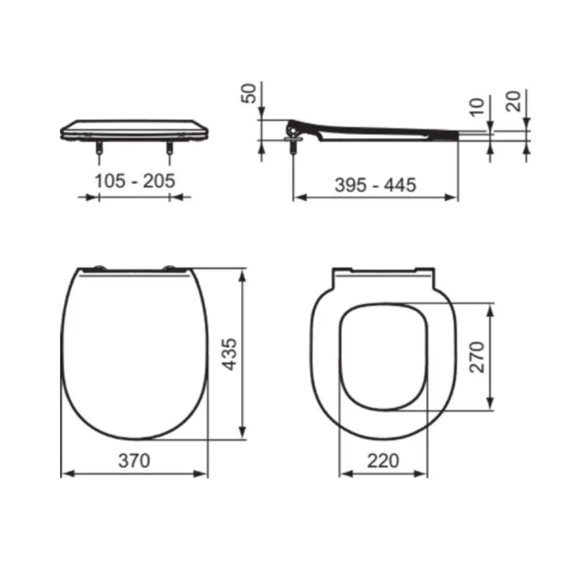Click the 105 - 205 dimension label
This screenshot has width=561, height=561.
point(135,181)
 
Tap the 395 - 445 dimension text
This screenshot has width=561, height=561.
point(375,185)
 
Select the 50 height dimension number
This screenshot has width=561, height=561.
point(249,93)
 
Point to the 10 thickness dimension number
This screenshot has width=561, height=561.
point(477,108)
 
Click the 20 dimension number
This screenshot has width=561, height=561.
point(513,101)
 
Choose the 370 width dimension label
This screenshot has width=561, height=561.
point(134,461)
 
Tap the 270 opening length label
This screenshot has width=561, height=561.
point(477,357)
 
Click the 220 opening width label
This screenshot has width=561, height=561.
point(383,461)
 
